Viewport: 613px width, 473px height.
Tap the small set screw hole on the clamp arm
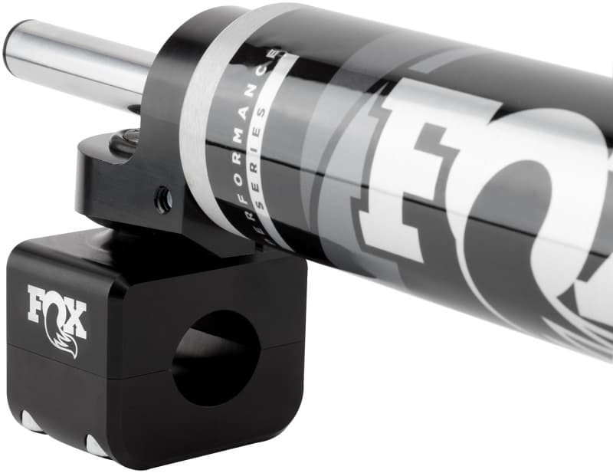163,201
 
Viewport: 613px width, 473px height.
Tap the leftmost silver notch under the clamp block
28,422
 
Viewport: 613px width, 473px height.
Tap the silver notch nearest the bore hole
97,445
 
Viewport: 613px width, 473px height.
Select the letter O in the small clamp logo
57,307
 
